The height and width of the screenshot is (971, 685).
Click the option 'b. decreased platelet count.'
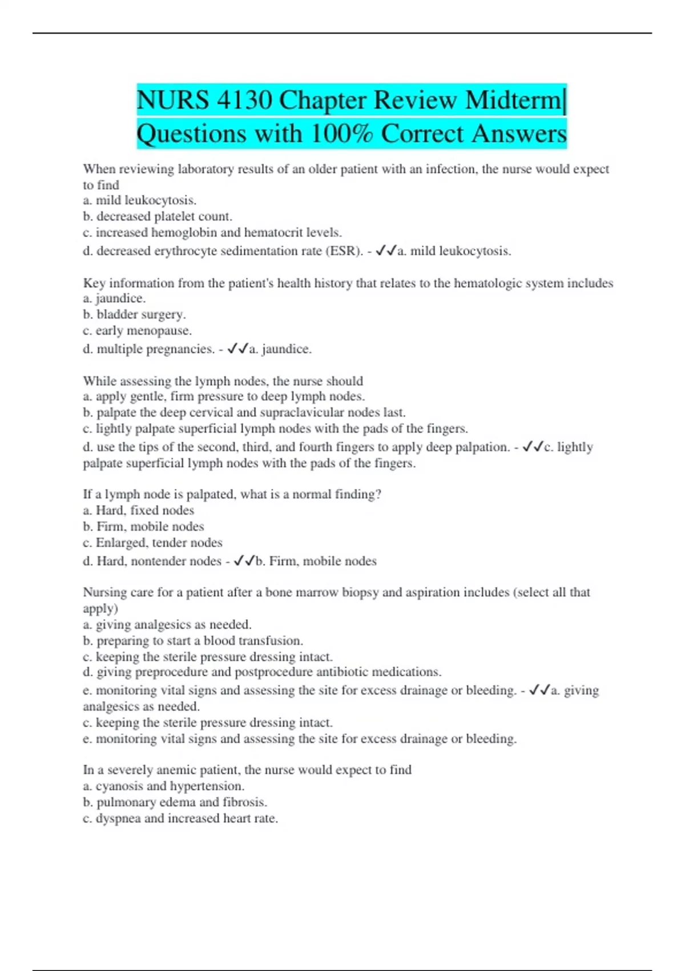point(158,216)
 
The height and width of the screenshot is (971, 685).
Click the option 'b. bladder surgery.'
point(135,314)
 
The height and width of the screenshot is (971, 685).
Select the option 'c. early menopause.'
point(137,331)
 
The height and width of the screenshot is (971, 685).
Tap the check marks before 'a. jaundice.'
point(237,348)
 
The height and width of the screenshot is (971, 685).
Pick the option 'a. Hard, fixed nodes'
point(139,511)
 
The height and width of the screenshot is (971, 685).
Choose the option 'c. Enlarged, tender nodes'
point(152,543)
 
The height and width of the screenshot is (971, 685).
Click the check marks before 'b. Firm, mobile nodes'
point(244,561)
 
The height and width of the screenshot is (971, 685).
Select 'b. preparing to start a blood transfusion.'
point(193,641)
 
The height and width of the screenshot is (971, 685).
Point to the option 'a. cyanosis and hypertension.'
point(164,787)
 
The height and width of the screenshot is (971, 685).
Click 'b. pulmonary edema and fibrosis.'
point(175,803)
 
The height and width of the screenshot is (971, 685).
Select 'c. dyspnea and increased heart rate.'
point(180,818)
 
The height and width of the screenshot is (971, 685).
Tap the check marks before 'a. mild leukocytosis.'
point(385,251)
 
